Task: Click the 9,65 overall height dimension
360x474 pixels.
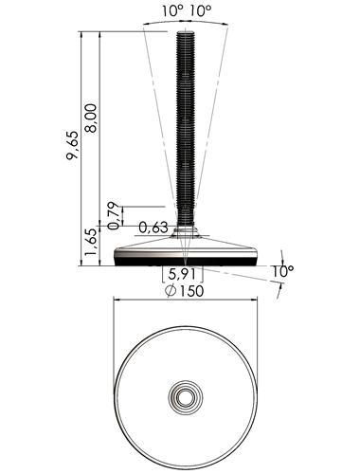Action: (73, 145)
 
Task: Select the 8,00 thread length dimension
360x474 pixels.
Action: (92, 118)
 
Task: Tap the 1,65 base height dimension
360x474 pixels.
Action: (90, 242)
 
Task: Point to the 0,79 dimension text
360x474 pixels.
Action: (114, 216)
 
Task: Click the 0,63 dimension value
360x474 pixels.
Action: (153, 228)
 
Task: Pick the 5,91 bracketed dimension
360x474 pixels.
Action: (183, 274)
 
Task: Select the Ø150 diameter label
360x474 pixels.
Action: (185, 291)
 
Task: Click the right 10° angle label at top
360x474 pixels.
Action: (201, 11)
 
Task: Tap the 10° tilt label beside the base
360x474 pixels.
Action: (283, 271)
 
